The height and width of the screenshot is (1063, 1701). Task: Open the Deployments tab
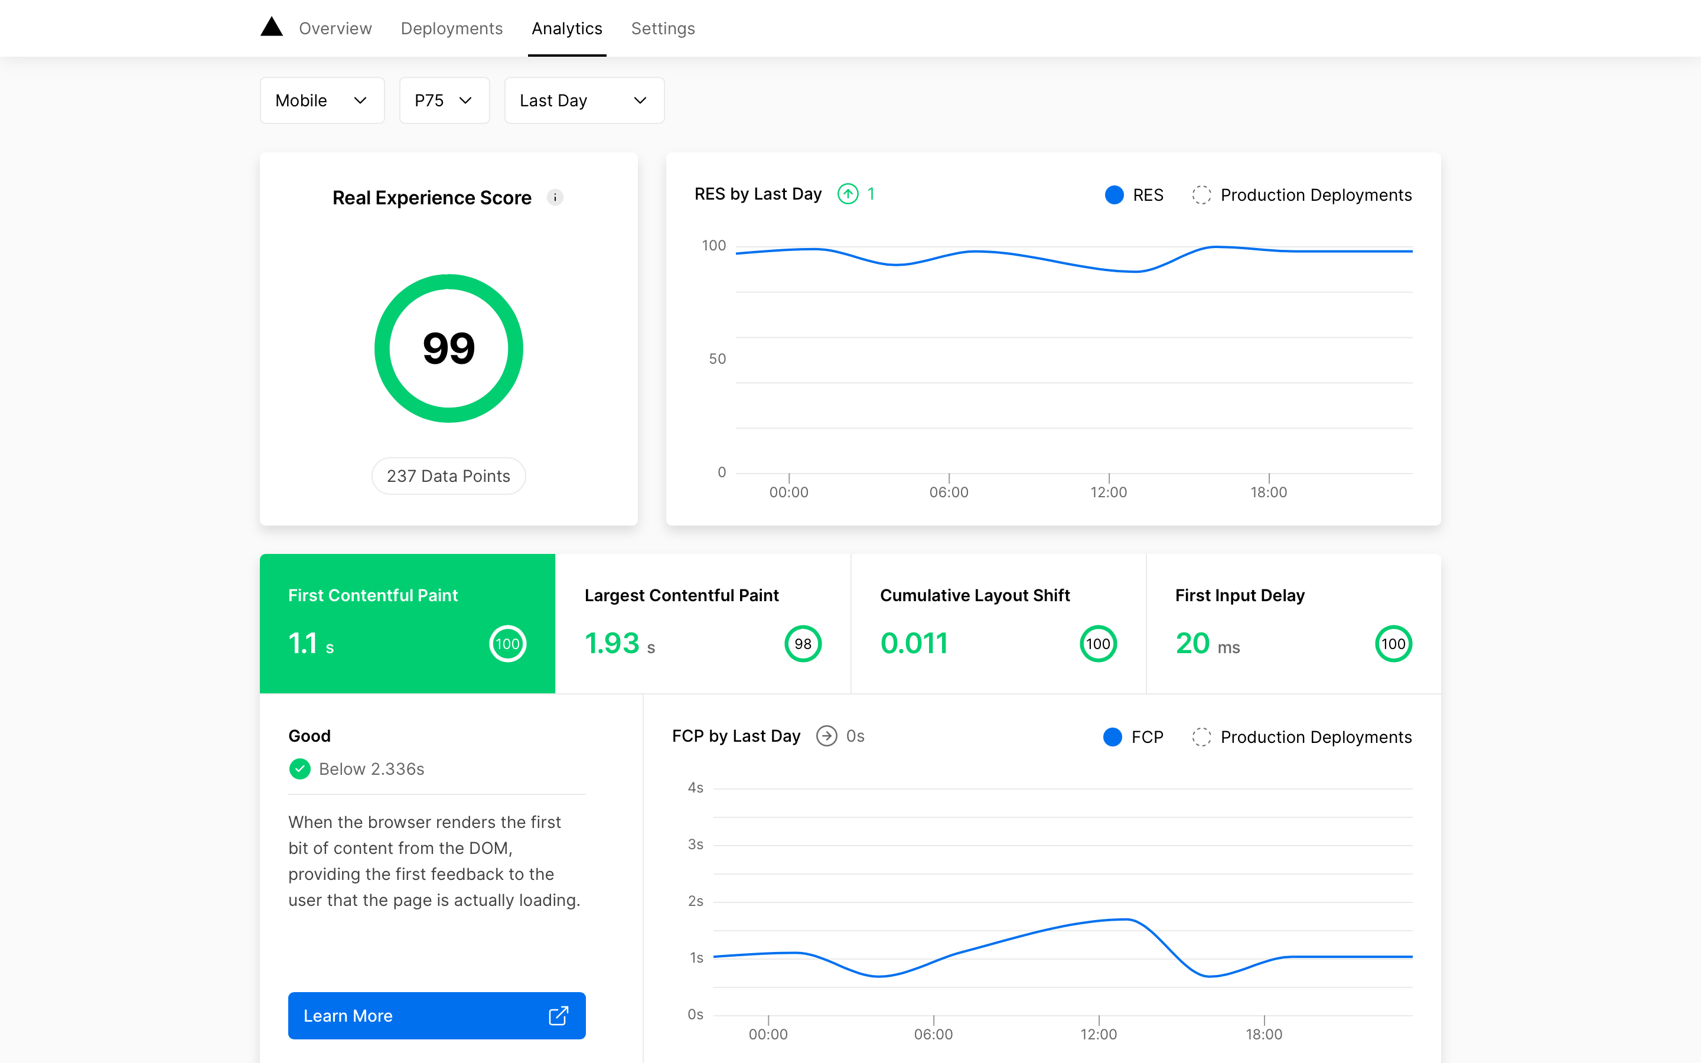(451, 29)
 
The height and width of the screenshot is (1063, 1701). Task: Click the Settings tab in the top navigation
(662, 29)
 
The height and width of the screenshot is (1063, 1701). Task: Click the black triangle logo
(271, 27)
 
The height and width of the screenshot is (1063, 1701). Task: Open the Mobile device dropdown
(322, 100)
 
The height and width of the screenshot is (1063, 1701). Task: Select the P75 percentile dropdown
(444, 100)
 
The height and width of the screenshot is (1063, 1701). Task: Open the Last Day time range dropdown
(584, 100)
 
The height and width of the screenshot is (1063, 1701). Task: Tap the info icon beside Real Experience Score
(555, 198)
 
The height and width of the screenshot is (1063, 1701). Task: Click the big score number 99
(448, 348)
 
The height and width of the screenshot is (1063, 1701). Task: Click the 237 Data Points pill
(448, 476)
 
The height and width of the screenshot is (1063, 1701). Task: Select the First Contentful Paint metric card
(407, 623)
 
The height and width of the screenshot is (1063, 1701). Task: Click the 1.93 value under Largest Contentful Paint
(611, 643)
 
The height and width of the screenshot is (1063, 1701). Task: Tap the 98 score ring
(803, 643)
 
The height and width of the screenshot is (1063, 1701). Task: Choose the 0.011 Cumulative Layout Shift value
(914, 643)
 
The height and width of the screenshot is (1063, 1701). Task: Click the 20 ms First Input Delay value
(1207, 643)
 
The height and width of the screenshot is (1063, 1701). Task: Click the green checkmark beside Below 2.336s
(300, 768)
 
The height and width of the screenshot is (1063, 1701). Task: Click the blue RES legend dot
(1114, 195)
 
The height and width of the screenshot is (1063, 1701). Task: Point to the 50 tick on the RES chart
(717, 358)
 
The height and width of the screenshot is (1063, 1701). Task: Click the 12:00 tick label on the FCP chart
(1098, 1034)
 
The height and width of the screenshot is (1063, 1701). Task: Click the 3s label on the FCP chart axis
(695, 844)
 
